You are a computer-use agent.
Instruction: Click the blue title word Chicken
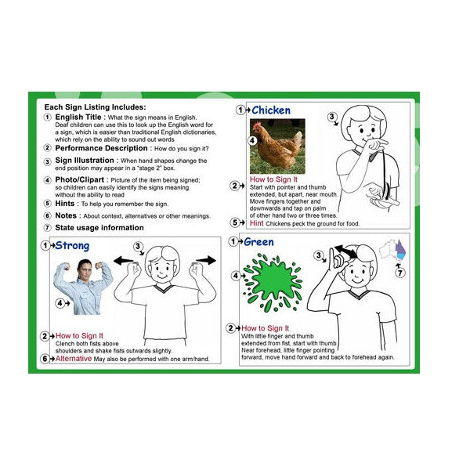[x=270, y=110]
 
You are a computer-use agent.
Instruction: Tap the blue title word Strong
[x=72, y=246]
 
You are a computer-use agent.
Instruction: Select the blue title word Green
[x=258, y=242]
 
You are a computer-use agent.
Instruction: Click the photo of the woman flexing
[x=82, y=287]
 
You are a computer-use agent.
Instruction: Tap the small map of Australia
[x=392, y=250]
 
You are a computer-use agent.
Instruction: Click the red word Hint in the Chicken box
[x=257, y=223]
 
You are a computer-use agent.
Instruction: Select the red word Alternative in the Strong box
[x=73, y=359]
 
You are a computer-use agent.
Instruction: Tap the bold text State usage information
[x=99, y=228]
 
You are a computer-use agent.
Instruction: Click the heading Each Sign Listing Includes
[x=95, y=107]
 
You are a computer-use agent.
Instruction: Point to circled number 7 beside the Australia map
[x=400, y=273]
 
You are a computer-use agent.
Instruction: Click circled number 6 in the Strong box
[x=45, y=359]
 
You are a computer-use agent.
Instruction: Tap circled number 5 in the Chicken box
[x=234, y=222]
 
